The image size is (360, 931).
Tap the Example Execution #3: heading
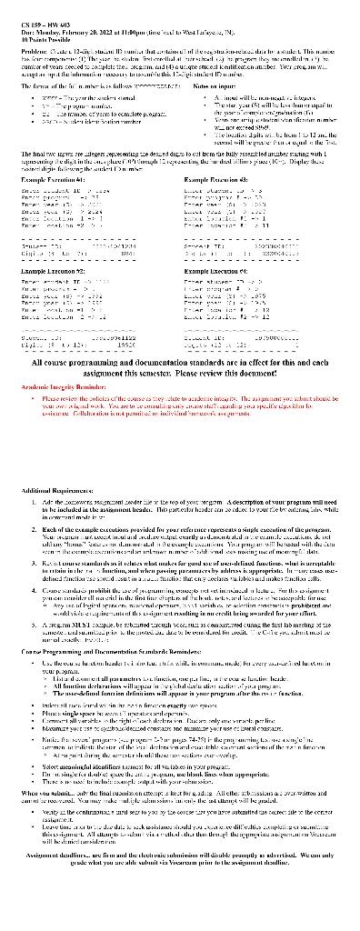pyautogui.click(x=217, y=156)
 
